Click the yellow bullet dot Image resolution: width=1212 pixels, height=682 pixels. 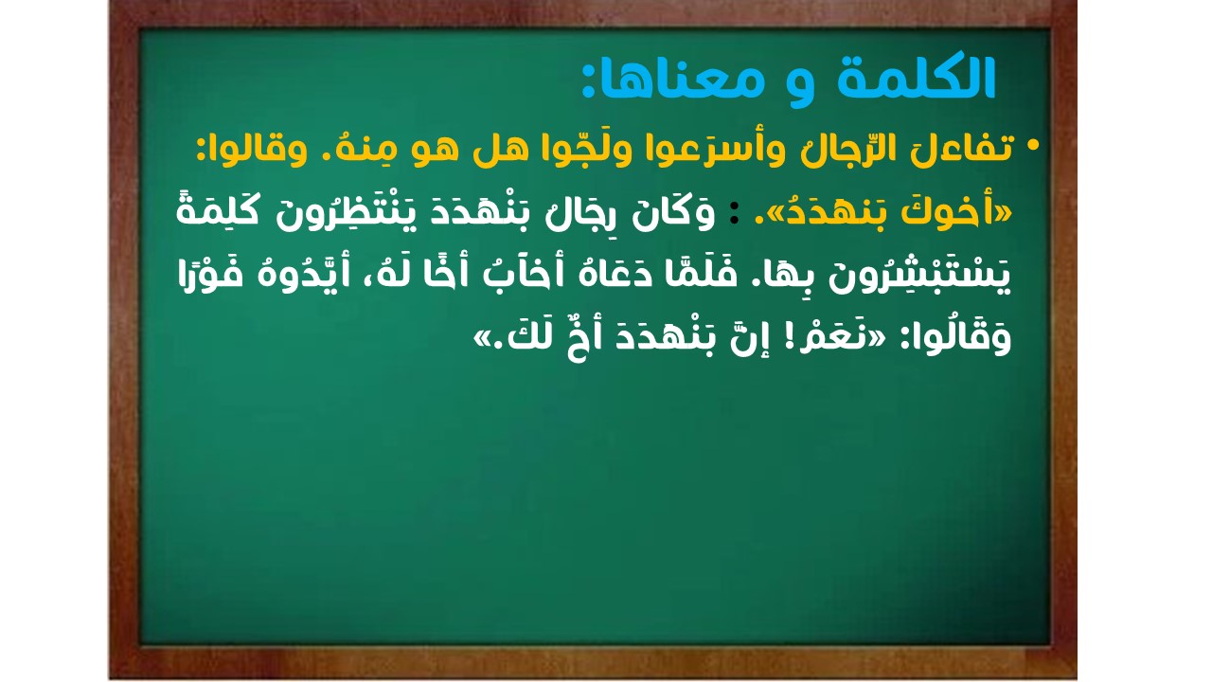pyautogui.click(x=1032, y=146)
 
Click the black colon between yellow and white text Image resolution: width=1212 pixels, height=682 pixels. pyautogui.click(x=734, y=214)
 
